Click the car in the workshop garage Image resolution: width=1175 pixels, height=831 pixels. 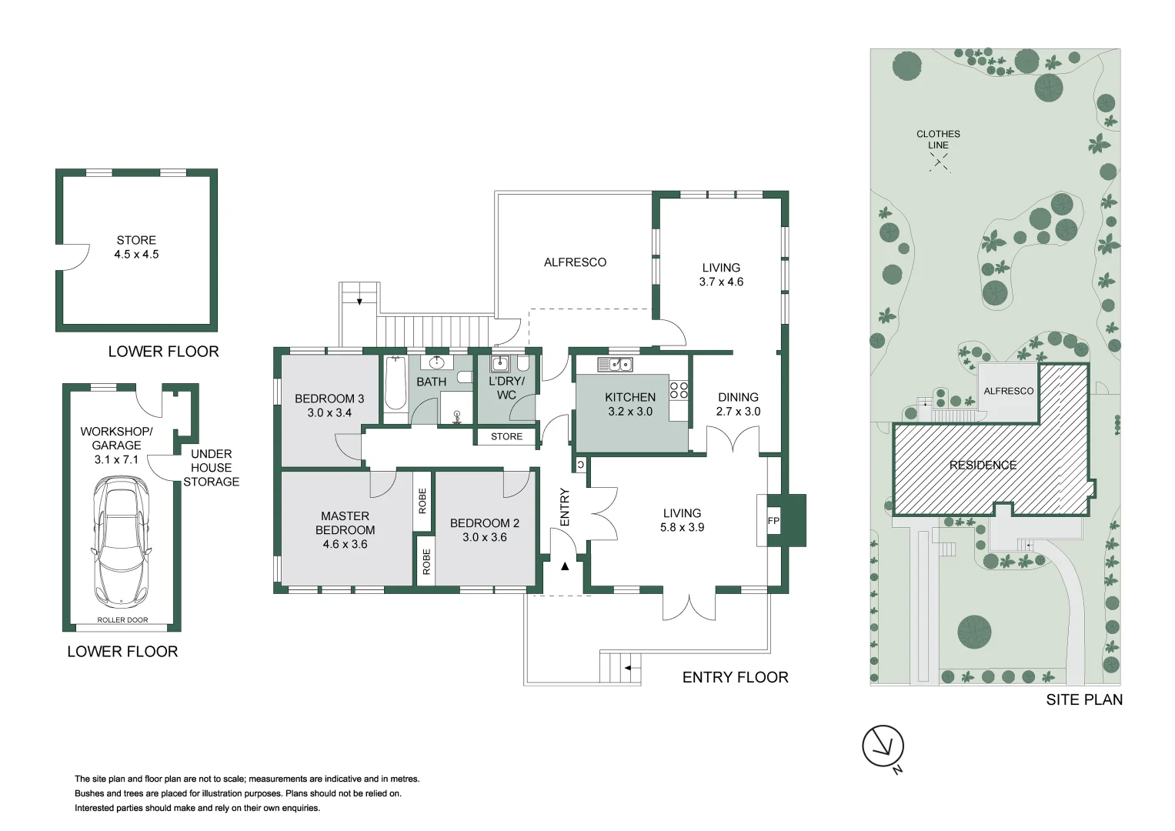[121, 540]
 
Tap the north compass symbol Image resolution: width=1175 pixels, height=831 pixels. [883, 746]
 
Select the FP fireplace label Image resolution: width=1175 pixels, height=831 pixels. [773, 521]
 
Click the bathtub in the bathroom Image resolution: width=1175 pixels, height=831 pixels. [396, 384]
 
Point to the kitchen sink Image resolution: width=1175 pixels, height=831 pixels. [615, 365]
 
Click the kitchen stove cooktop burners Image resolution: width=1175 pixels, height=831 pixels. [678, 390]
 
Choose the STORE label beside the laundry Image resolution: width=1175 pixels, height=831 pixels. [506, 436]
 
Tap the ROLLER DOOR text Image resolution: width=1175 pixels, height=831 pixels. [122, 620]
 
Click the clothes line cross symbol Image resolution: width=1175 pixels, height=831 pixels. [939, 161]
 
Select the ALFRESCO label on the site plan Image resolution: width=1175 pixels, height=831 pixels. [1008, 391]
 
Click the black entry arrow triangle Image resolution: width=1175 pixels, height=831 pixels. [565, 566]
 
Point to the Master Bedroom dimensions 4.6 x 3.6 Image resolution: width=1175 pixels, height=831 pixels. [345, 544]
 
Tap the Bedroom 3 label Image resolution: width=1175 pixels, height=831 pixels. [329, 399]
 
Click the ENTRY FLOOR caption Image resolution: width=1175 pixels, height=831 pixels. [735, 677]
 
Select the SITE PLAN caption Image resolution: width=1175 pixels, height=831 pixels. [1083, 699]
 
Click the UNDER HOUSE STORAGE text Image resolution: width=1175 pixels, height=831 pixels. [211, 468]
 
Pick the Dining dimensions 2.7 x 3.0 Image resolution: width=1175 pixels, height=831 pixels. [738, 412]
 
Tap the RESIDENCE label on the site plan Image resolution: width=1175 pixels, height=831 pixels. [983, 465]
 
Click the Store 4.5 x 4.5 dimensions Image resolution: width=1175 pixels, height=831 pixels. [136, 254]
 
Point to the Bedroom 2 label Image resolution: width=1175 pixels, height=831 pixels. [485, 523]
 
